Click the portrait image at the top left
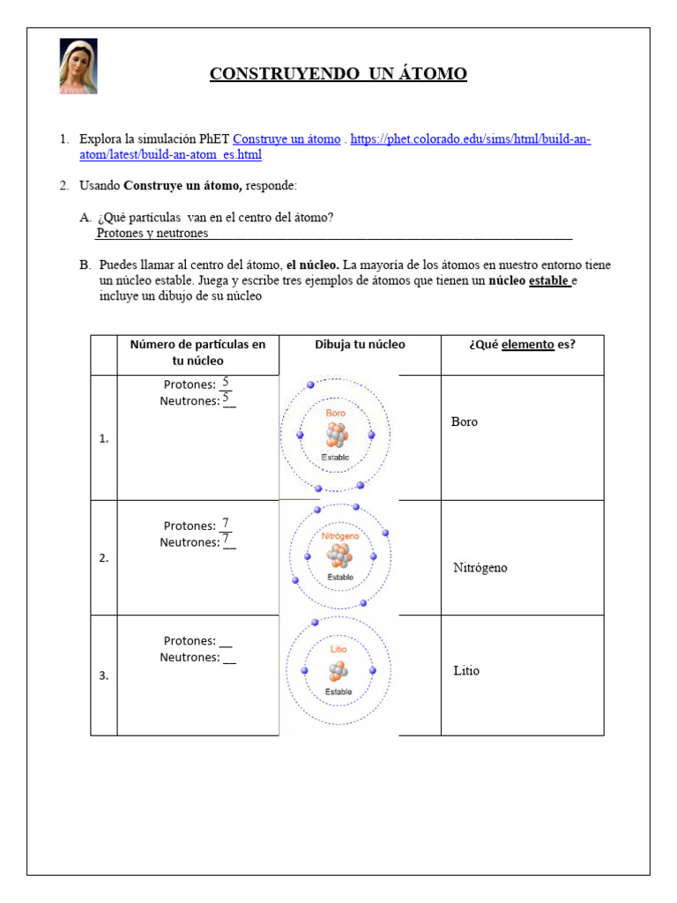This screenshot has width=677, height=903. coord(78,66)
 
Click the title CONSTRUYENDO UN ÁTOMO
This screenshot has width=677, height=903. coord(338,73)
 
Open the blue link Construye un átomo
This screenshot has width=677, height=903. coord(286,139)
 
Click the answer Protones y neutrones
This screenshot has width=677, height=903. coord(153,233)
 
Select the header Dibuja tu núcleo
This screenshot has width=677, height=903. coord(360,345)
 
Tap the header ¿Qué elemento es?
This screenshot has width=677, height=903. coord(522,345)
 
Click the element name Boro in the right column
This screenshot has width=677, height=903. coord(465,422)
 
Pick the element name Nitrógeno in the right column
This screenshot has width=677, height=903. coord(480,568)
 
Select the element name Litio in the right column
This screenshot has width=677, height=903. coord(466,671)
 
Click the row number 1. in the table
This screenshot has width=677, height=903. coord(104,438)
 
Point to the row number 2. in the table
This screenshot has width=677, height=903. coord(104,557)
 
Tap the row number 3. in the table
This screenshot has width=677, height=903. coord(104,675)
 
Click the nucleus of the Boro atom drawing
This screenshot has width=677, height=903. coord(336,435)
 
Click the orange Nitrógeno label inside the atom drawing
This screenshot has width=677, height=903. coord(339,536)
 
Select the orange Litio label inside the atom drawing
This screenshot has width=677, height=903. coord(338,650)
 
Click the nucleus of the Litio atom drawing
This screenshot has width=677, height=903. coord(338,672)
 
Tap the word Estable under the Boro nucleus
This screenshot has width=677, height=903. coord(335,457)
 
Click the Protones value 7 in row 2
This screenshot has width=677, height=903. coord(226,524)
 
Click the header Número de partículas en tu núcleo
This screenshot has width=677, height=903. coord(197,353)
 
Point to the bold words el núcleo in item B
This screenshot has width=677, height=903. coord(312,265)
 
